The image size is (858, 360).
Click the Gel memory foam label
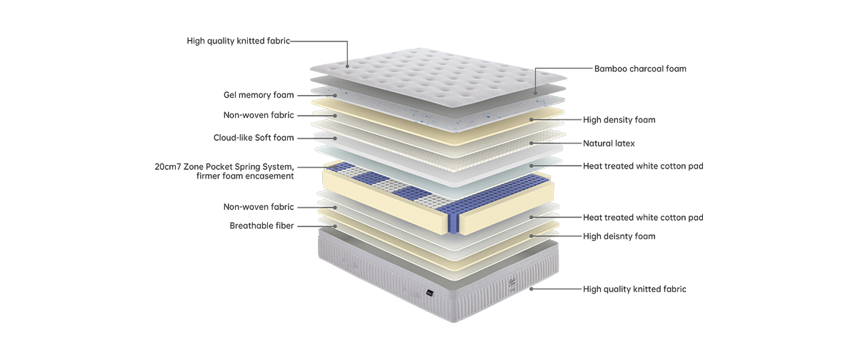(258, 95)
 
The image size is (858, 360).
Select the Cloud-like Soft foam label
(253, 138)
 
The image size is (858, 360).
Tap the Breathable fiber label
(261, 226)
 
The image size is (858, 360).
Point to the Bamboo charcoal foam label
(640, 69)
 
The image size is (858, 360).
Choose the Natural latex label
(609, 144)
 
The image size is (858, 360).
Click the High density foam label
(619, 120)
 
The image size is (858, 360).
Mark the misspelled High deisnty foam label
(619, 236)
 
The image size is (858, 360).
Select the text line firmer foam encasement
(245, 176)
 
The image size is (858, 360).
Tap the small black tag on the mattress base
(428, 291)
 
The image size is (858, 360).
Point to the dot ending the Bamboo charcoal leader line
(535, 92)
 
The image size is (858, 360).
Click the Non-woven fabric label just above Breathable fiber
(258, 207)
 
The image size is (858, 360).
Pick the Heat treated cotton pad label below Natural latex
(643, 166)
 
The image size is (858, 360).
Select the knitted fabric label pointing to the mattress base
(634, 289)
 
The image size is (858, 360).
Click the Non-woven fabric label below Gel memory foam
(258, 115)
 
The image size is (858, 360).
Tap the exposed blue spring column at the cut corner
(452, 217)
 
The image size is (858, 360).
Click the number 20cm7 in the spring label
(168, 166)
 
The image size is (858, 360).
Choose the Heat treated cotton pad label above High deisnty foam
(643, 217)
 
